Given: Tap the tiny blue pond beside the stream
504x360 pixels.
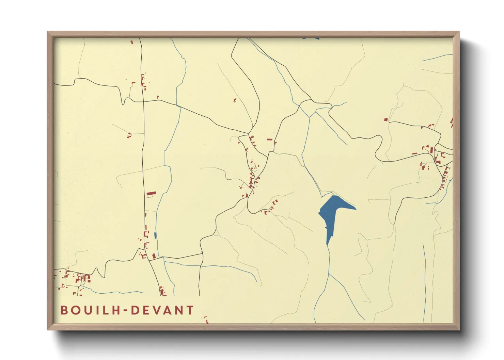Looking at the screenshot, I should [x=155, y=235].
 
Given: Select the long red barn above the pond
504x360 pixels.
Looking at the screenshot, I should [x=151, y=194].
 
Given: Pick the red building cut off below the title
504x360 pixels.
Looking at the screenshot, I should [x=206, y=320].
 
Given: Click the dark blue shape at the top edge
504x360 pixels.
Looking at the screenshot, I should [x=310, y=38].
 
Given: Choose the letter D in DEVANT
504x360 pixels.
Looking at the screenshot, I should [x=136, y=310].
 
